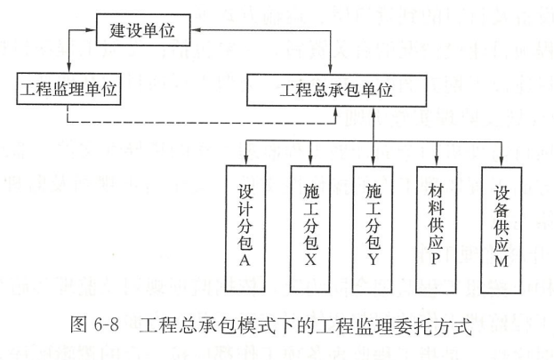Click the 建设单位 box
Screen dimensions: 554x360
click(x=143, y=30)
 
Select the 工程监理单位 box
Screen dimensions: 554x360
click(x=68, y=89)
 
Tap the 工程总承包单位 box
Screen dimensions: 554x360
click(x=336, y=91)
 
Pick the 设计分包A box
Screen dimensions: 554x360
click(x=245, y=228)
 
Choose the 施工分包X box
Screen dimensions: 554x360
click(x=310, y=228)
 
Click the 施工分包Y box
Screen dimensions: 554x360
click(x=373, y=229)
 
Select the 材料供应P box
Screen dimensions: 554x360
click(x=437, y=229)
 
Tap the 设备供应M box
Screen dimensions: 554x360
click(x=502, y=230)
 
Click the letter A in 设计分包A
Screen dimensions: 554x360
click(x=245, y=260)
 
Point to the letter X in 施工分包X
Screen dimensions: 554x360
click(x=310, y=260)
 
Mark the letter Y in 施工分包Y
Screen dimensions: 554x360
click(x=373, y=260)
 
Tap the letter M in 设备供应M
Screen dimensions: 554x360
click(x=502, y=261)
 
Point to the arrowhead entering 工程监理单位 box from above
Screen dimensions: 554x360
click(x=68, y=68)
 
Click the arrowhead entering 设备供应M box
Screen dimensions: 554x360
click(x=502, y=163)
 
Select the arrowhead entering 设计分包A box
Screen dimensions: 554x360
click(x=246, y=161)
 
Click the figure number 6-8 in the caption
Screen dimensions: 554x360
click(x=107, y=324)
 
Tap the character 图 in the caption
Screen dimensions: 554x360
click(x=78, y=324)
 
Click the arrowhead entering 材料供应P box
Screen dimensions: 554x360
click(x=437, y=162)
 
